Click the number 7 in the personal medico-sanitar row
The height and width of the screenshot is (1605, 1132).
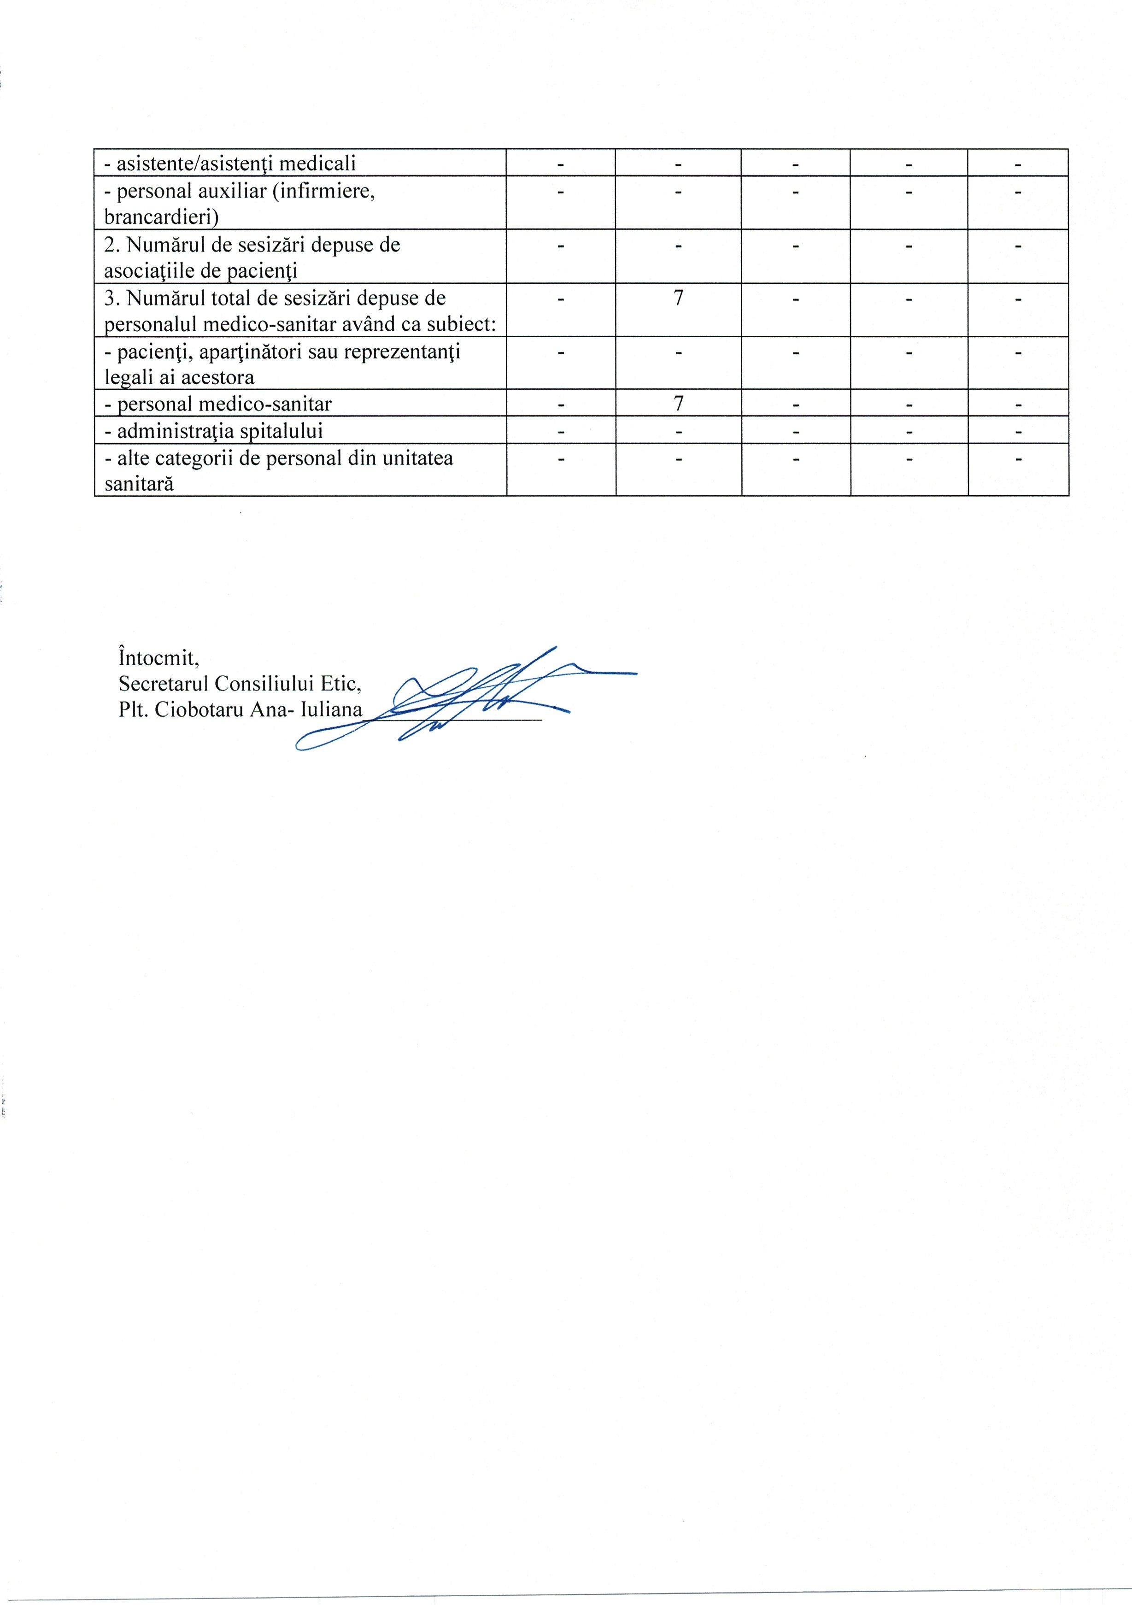(678, 404)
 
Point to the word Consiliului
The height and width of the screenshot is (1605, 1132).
(264, 683)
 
